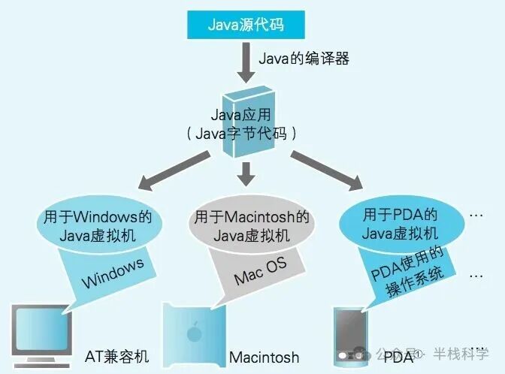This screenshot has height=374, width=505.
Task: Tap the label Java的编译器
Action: pos(304,58)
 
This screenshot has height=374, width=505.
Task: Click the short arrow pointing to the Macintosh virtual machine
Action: pos(246,173)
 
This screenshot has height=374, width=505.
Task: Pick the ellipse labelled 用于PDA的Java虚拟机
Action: pos(401,223)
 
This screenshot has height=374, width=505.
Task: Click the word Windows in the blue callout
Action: pos(113,274)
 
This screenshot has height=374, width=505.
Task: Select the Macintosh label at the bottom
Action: pos(264,357)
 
